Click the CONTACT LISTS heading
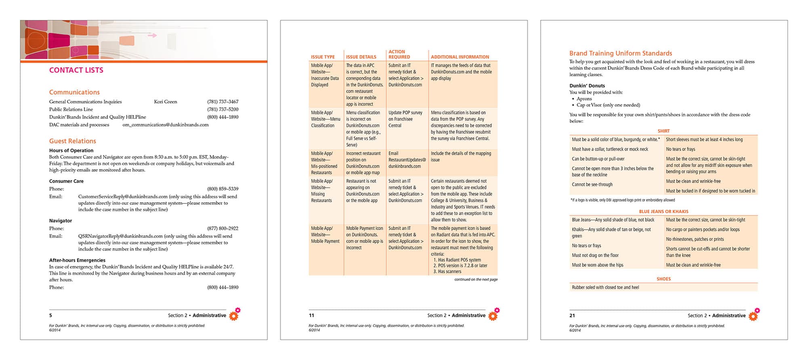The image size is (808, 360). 76,70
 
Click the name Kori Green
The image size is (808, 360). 165,102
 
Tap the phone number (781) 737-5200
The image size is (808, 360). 222,109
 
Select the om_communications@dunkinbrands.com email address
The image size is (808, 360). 166,125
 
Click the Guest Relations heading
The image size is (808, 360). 73,141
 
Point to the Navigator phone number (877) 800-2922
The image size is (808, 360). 222,228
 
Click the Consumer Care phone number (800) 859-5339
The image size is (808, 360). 222,189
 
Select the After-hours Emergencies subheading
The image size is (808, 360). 77,260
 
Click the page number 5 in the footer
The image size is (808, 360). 50,316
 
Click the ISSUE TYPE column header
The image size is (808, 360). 323,57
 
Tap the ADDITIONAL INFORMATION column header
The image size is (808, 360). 460,57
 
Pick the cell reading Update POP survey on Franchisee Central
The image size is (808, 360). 405,119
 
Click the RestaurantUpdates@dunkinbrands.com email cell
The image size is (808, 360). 407,160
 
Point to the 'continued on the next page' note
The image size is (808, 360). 476,279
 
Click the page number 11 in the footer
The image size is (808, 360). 311,316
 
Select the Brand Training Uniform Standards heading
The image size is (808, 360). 620,53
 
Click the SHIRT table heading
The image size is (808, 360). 663,131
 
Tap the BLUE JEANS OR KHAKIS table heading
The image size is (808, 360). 663,211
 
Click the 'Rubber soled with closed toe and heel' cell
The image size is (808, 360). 605,287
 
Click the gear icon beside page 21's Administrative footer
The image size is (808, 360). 753,316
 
